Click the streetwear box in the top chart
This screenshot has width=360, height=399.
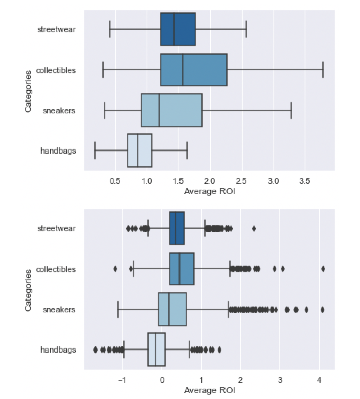(x=178, y=29)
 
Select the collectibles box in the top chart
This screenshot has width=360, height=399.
(x=194, y=70)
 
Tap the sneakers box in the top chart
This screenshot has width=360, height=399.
(x=171, y=110)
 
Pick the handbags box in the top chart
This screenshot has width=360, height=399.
(x=140, y=150)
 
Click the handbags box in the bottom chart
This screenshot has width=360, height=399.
(x=156, y=349)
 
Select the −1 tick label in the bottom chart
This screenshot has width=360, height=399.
(x=121, y=380)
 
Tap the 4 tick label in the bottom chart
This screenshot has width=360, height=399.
(x=319, y=380)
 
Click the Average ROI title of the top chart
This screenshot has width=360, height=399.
(x=209, y=191)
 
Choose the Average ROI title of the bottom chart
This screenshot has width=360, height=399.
(x=209, y=390)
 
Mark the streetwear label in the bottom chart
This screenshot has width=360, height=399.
(x=57, y=228)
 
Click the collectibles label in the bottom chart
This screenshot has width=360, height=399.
(x=56, y=269)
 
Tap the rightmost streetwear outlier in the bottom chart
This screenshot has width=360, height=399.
(x=254, y=228)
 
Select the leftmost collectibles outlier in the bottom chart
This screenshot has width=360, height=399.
(x=115, y=269)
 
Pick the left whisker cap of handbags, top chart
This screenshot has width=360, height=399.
(x=95, y=150)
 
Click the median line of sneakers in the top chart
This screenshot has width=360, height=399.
(x=159, y=110)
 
